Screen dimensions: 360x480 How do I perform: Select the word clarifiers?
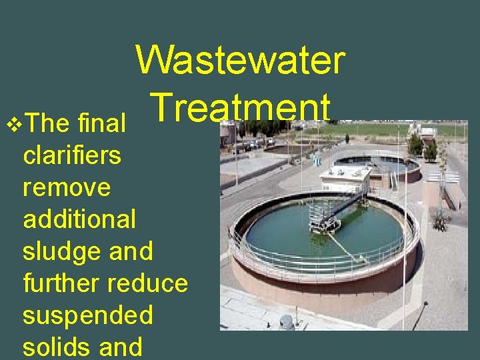coord(72,155)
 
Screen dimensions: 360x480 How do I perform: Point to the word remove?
coord(66,187)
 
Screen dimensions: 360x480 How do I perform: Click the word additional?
coord(79,219)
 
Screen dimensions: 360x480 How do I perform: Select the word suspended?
coord(87,315)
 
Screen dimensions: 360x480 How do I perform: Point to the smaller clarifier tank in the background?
coord(377,165)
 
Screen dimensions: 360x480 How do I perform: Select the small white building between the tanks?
coord(345,179)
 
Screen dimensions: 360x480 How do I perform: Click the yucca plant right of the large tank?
coord(440,219)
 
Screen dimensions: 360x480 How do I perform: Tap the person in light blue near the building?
coord(317,159)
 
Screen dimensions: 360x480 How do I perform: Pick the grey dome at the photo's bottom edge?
coord(287,323)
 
